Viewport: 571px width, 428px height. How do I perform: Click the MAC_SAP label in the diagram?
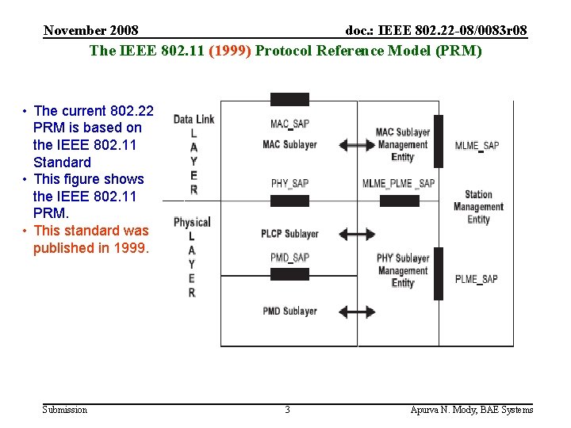pos(289,124)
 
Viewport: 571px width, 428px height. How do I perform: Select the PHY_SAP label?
pos(289,184)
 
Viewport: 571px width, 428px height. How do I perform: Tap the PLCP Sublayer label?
pos(289,234)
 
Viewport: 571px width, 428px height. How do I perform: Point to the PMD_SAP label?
pos(289,258)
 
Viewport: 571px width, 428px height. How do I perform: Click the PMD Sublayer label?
pos(289,311)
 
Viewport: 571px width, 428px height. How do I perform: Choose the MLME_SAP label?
pos(477,146)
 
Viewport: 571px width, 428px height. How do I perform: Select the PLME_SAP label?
pos(477,279)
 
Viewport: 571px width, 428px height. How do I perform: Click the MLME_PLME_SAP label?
pos(398,184)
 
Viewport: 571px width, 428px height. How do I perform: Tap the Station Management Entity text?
pos(478,207)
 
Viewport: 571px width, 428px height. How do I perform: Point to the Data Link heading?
pos(194,120)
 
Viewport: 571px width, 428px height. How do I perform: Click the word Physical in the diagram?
pos(192,222)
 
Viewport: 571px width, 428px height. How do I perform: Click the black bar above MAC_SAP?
pos(289,100)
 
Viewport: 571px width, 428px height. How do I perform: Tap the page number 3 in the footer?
pos(287,410)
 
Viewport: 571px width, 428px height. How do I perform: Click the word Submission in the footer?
pos(65,410)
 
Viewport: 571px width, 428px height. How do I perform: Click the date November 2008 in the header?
pos(91,31)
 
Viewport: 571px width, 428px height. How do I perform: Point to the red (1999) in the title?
pos(230,51)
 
